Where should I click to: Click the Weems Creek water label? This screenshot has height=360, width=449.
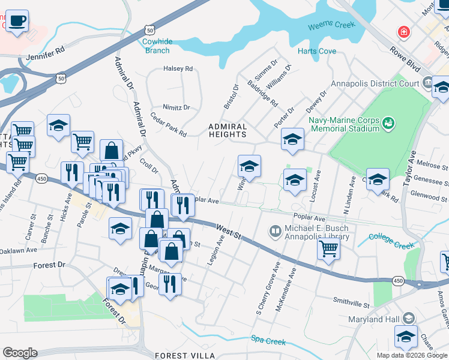click(331, 26)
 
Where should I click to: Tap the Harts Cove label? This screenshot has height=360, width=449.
click(316, 52)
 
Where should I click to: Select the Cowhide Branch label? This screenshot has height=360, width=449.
click(157, 46)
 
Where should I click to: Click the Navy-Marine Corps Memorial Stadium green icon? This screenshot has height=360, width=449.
click(388, 123)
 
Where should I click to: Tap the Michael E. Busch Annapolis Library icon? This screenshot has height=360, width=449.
click(275, 230)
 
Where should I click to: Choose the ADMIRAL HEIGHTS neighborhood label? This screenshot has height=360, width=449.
click(228, 131)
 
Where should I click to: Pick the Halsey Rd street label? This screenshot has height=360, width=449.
click(178, 69)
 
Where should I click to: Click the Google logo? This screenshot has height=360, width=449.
click(20, 353)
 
